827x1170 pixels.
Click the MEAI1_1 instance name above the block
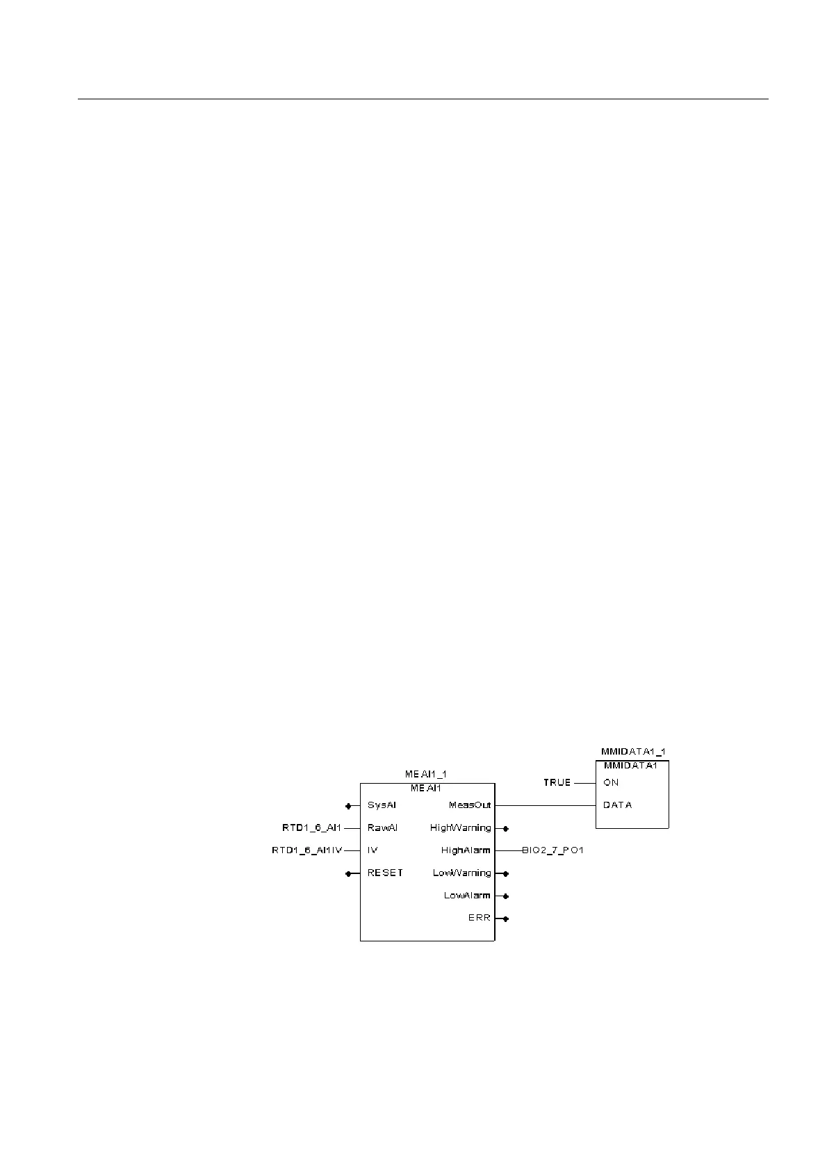(426, 774)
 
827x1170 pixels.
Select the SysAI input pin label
(382, 805)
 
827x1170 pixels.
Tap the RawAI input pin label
(382, 827)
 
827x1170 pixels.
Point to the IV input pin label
(372, 850)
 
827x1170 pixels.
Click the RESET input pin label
(385, 873)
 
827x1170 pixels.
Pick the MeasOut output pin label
(470, 805)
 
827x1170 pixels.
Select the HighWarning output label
(460, 827)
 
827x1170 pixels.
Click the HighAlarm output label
(466, 850)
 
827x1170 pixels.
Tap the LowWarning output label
(461, 873)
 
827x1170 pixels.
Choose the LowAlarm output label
(467, 896)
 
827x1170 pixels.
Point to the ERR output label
(480, 918)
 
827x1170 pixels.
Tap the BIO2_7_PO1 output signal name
(552, 850)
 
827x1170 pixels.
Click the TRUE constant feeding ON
(557, 782)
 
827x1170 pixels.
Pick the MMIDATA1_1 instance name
(632, 752)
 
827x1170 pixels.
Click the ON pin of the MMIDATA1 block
(611, 782)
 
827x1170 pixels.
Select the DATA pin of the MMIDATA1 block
(617, 805)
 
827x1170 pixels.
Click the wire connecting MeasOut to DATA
(545, 805)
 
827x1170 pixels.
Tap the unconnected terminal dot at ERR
(506, 918)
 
